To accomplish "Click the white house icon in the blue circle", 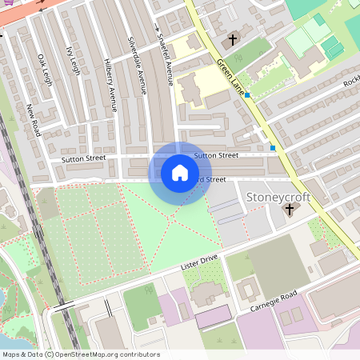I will pyautogui.click(x=179, y=173).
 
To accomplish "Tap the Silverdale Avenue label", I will pyautogui.click(x=136, y=66).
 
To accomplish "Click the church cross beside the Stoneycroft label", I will pyautogui.click(x=290, y=210).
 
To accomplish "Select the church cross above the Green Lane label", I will pyautogui.click(x=234, y=38).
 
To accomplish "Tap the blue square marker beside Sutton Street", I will pyautogui.click(x=273, y=148).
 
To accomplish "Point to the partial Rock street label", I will pyautogui.click(x=351, y=83).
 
